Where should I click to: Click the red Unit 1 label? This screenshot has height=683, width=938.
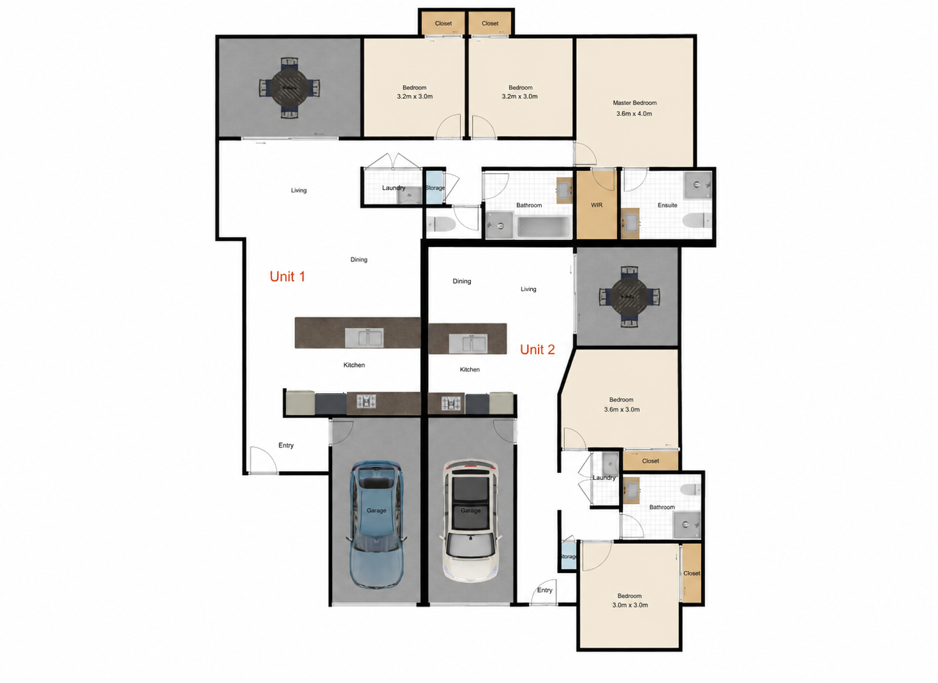(287, 276)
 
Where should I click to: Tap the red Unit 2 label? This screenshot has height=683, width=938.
(537, 349)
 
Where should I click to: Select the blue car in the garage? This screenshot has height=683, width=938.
(376, 525)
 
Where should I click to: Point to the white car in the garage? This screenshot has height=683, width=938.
(471, 521)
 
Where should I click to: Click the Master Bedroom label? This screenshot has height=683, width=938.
(634, 103)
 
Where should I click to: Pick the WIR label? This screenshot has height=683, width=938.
(597, 205)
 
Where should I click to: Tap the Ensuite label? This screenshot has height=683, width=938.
(667, 206)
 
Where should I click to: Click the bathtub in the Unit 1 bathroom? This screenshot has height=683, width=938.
(544, 227)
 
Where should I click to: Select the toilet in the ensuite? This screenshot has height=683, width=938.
(697, 220)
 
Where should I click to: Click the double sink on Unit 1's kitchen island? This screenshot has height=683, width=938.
(364, 337)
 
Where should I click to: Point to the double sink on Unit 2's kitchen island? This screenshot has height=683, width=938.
(468, 343)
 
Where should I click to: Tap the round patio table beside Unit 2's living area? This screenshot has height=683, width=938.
(629, 297)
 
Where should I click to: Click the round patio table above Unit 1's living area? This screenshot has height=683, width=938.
(289, 88)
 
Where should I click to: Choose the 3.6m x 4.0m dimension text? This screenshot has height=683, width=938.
(634, 114)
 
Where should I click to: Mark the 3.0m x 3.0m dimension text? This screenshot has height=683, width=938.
(630, 605)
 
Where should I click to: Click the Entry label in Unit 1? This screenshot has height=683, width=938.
(286, 445)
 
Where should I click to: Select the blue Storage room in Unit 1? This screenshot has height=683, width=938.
(435, 187)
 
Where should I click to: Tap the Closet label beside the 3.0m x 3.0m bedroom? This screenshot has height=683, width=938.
(691, 573)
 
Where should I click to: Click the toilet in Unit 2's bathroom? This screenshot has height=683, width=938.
(690, 490)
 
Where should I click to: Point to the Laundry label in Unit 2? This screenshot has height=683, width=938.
(604, 477)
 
